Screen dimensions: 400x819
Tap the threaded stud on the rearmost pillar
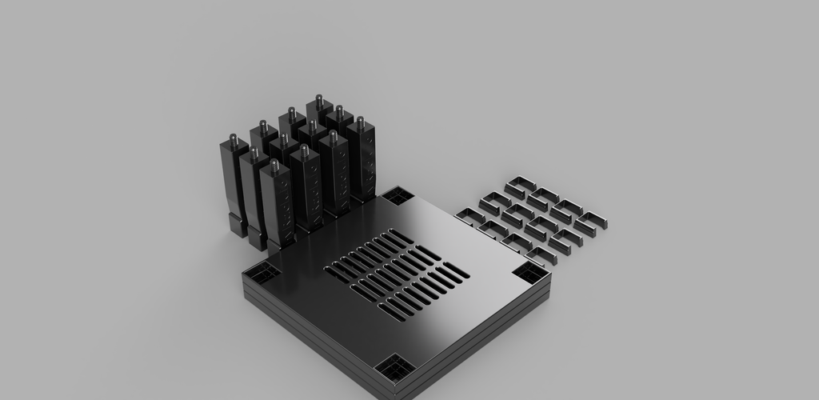point(318,101)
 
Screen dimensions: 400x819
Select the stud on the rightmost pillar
point(360,123)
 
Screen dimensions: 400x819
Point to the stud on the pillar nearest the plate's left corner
point(274,166)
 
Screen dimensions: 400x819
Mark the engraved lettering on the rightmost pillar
point(370,160)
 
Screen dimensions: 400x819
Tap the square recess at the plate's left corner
point(262,272)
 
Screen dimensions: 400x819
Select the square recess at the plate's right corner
point(529,272)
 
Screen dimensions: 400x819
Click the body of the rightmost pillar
point(362,164)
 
